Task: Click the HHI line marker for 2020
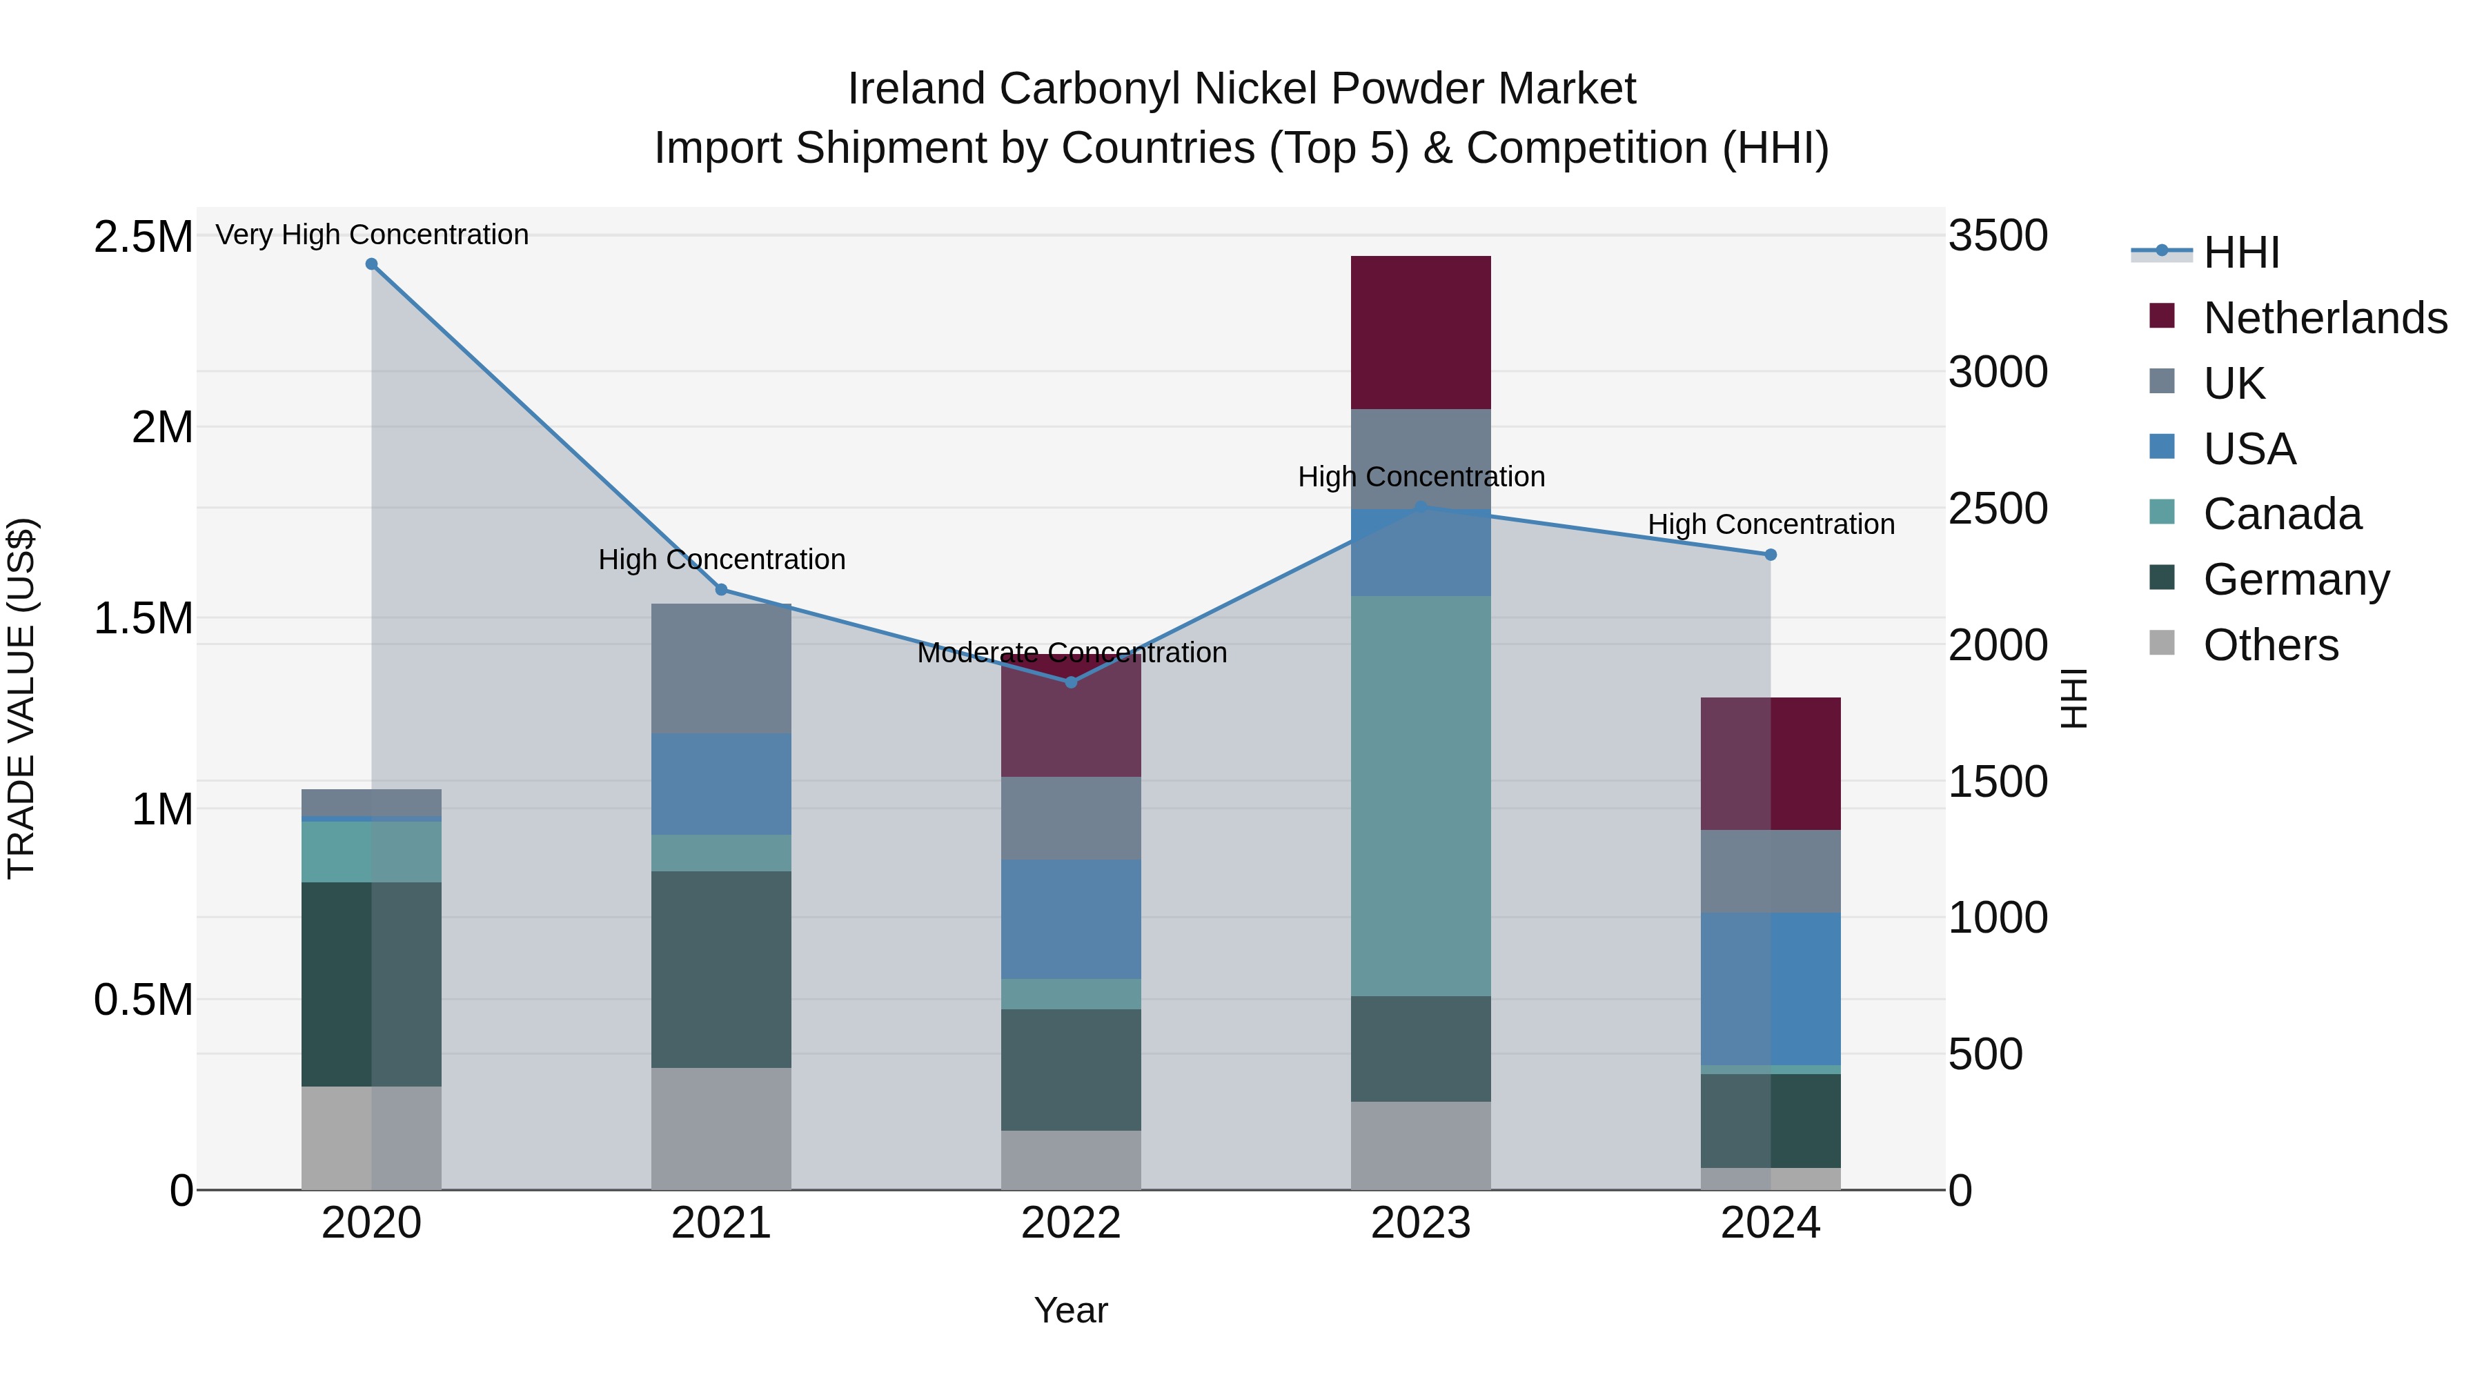(x=371, y=264)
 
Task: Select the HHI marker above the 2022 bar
(x=1070, y=682)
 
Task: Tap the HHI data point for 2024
(x=1771, y=555)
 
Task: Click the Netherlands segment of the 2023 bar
(x=1421, y=332)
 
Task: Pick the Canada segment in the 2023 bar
(x=1421, y=795)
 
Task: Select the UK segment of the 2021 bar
(x=721, y=668)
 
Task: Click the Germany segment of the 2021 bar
(x=721, y=969)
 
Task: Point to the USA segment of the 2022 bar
(x=1070, y=919)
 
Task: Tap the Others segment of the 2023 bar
(x=1421, y=1145)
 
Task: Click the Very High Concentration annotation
(x=371, y=235)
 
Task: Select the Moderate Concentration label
(x=1072, y=653)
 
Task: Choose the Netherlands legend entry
(x=2324, y=318)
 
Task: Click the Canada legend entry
(x=2282, y=514)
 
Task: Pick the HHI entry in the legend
(x=2241, y=252)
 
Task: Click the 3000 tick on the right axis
(x=1997, y=372)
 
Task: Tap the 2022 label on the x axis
(x=1070, y=1223)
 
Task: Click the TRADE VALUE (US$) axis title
(x=21, y=698)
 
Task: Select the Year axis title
(x=1070, y=1310)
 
